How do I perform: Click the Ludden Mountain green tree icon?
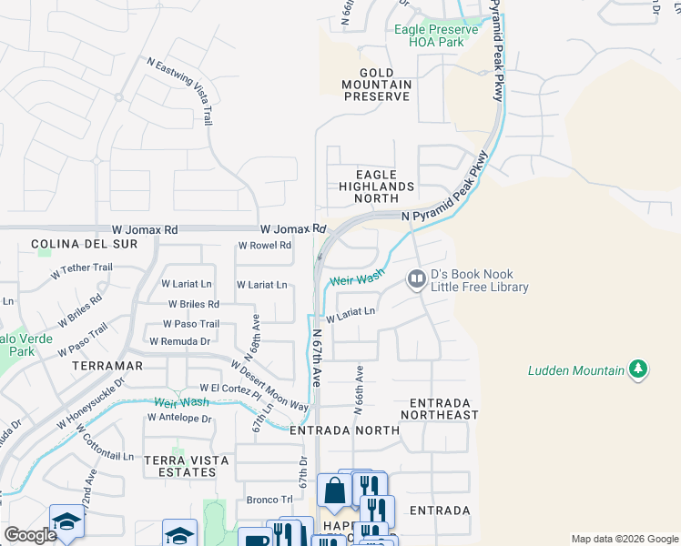(x=639, y=369)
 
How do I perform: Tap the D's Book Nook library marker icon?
(x=416, y=278)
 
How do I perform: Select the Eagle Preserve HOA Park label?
(x=436, y=35)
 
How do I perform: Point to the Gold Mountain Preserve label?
(x=377, y=85)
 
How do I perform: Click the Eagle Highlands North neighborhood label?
(x=376, y=187)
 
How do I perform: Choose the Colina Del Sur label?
(x=84, y=244)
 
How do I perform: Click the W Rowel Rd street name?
(x=265, y=246)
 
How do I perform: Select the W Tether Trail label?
(x=82, y=268)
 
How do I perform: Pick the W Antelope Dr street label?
(x=179, y=419)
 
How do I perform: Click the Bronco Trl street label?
(x=269, y=500)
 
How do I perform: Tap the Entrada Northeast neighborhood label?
(x=444, y=409)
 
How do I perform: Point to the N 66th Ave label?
(x=360, y=386)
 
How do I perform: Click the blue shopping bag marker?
(x=334, y=491)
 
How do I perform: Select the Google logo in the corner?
(x=31, y=535)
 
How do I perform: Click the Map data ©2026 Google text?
(x=624, y=539)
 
